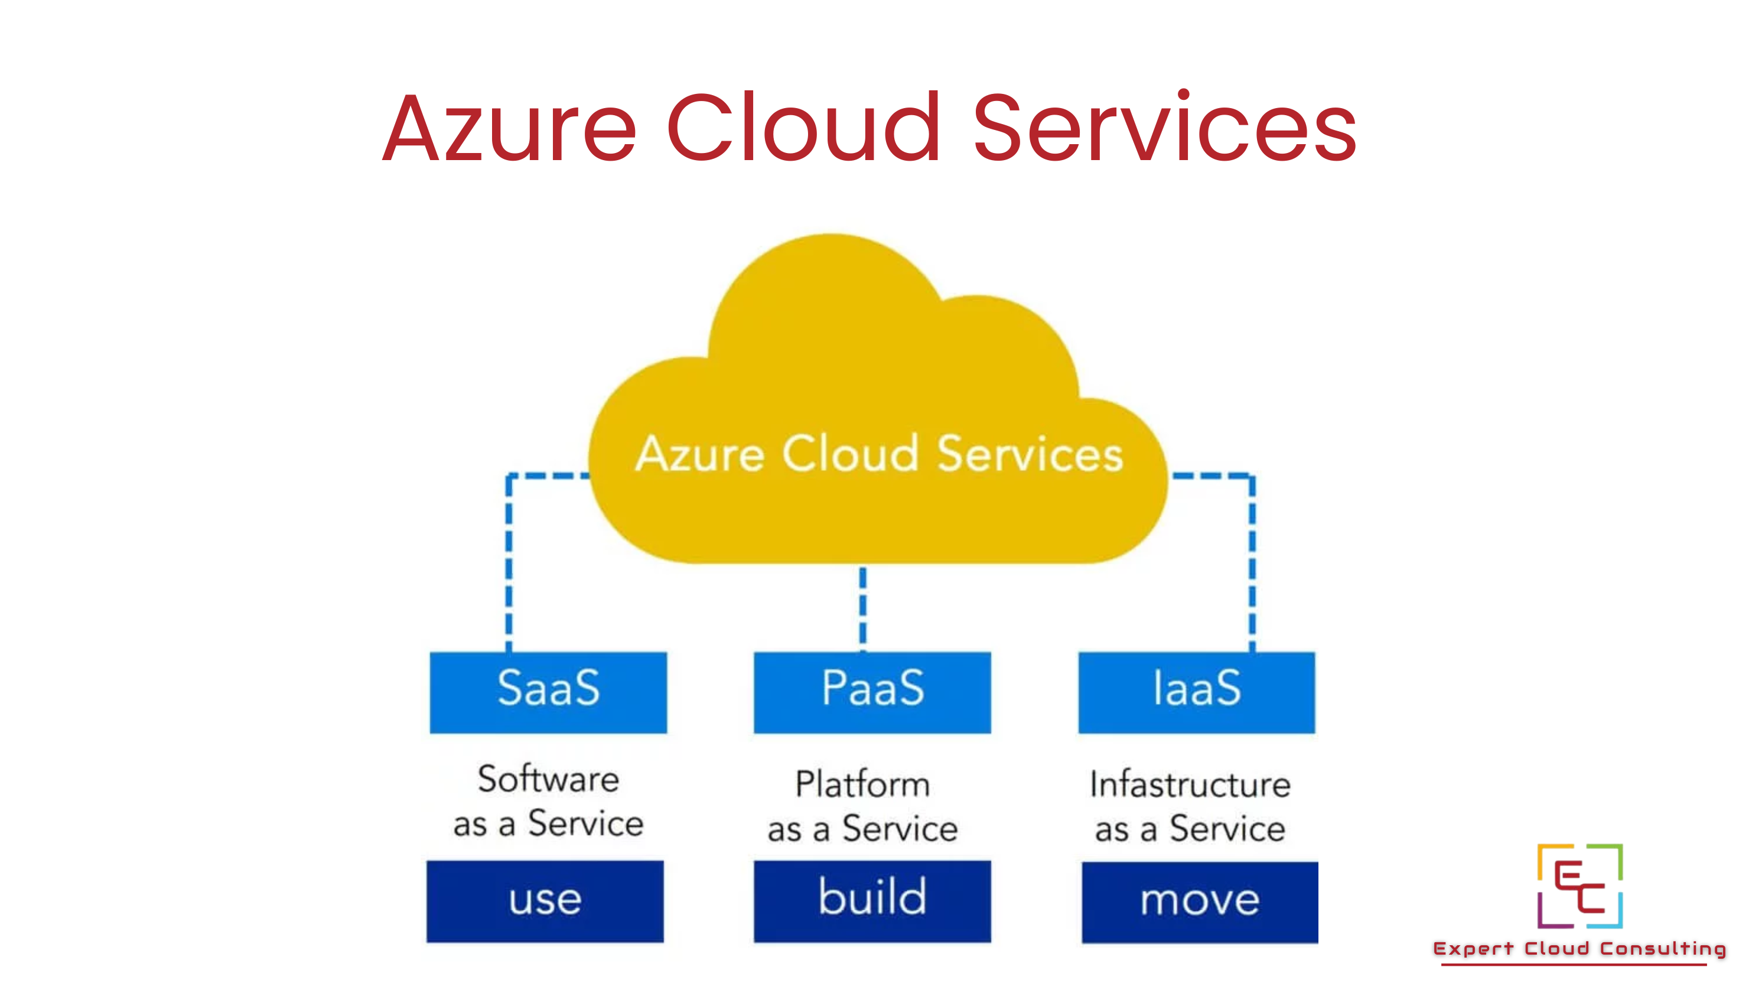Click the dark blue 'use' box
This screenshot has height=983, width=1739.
(x=545, y=901)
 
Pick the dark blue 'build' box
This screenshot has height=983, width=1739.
(x=872, y=901)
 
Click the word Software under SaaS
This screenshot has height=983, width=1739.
(x=548, y=779)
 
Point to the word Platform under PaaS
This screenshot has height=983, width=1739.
(x=863, y=785)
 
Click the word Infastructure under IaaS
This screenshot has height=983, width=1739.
(x=1190, y=785)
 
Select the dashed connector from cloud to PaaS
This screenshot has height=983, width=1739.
(x=863, y=606)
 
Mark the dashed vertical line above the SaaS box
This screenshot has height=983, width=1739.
(x=509, y=567)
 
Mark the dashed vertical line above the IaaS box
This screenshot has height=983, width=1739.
(x=1252, y=567)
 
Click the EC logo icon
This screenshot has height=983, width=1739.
(x=1580, y=886)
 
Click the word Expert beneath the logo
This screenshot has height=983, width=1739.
(x=1474, y=949)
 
